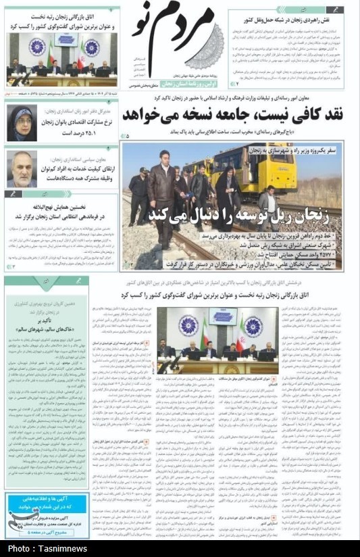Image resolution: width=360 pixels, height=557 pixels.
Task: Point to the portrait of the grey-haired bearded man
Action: [22, 168]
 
